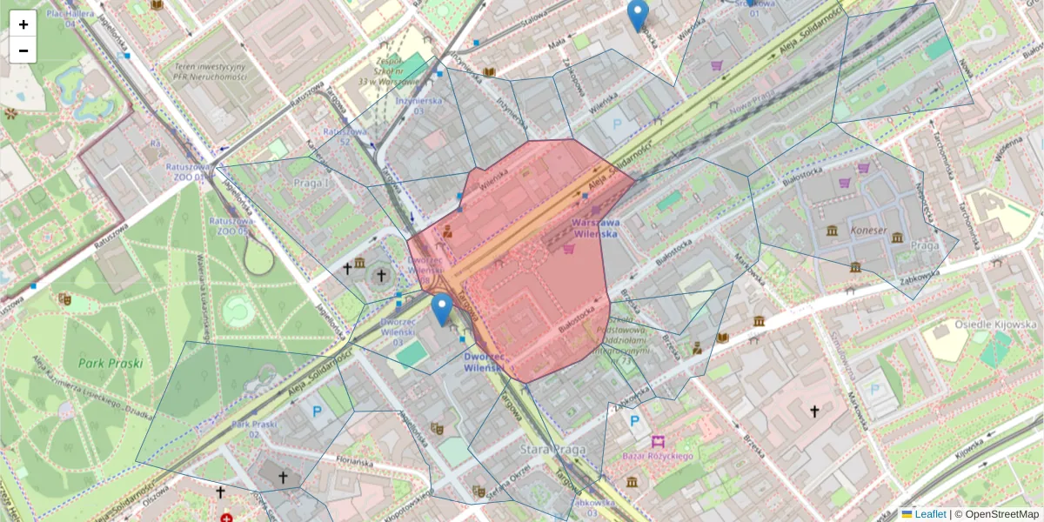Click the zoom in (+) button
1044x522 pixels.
point(23,24)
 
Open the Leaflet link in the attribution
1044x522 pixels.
point(930,514)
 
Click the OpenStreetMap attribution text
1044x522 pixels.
point(1001,514)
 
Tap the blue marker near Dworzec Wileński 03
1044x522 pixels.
point(442,310)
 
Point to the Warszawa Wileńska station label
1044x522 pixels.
point(595,228)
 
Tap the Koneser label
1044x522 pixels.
point(865,231)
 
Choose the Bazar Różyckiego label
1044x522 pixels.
point(658,457)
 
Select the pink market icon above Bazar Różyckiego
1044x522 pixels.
point(658,442)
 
